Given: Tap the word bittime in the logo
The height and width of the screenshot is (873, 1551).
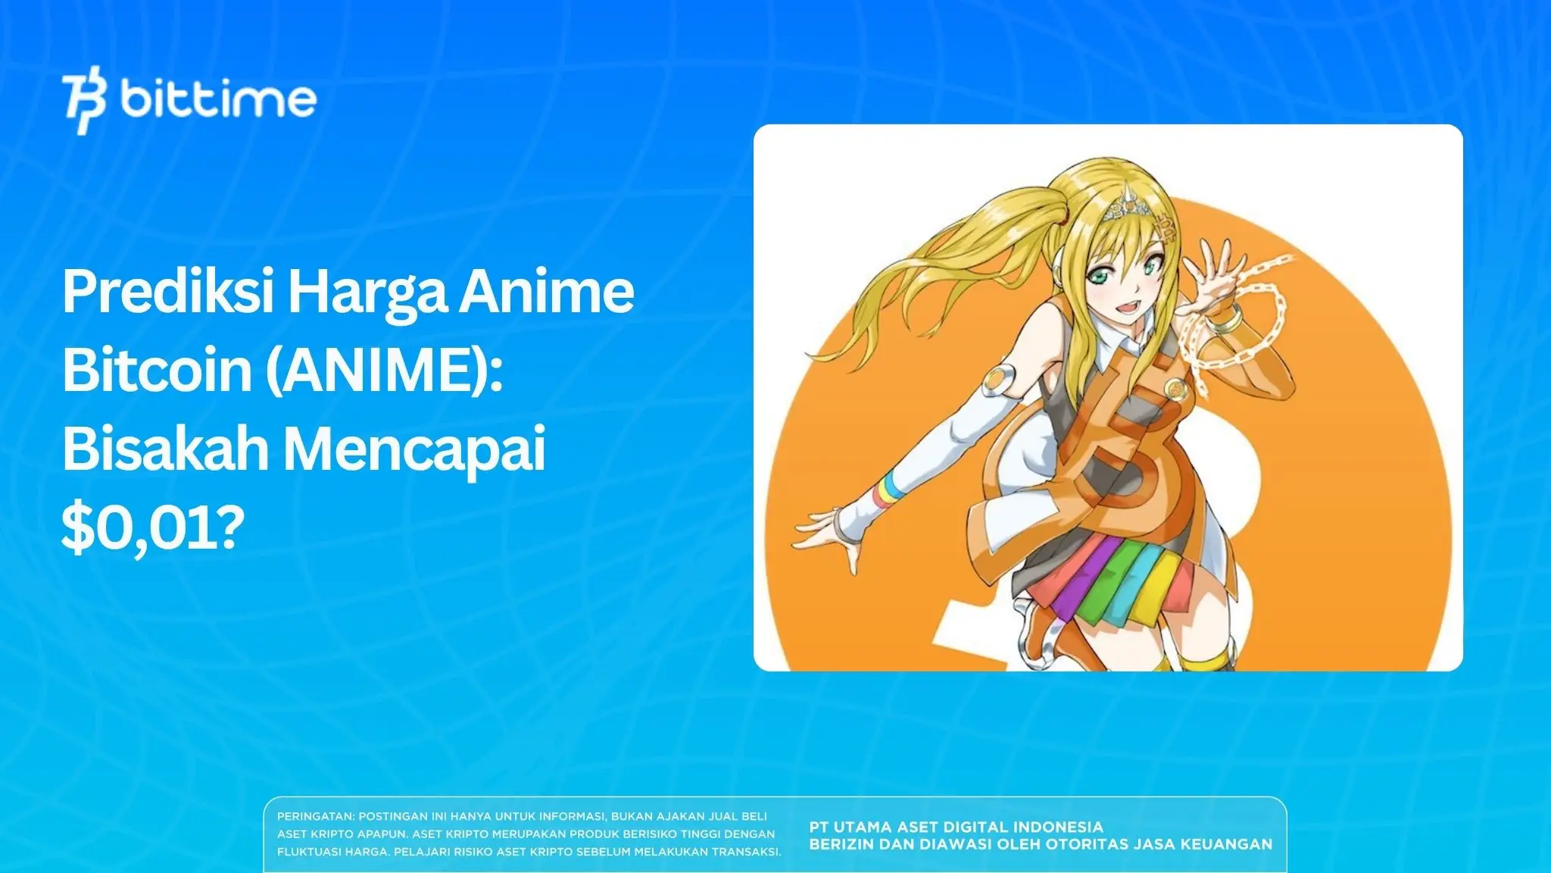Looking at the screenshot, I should coord(217,99).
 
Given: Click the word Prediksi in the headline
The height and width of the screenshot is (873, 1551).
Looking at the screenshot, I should coord(167,293).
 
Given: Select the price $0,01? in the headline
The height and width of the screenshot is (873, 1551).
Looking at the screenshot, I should coord(154,528).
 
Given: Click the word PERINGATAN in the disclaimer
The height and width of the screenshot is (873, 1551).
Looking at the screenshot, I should coord(315,817).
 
